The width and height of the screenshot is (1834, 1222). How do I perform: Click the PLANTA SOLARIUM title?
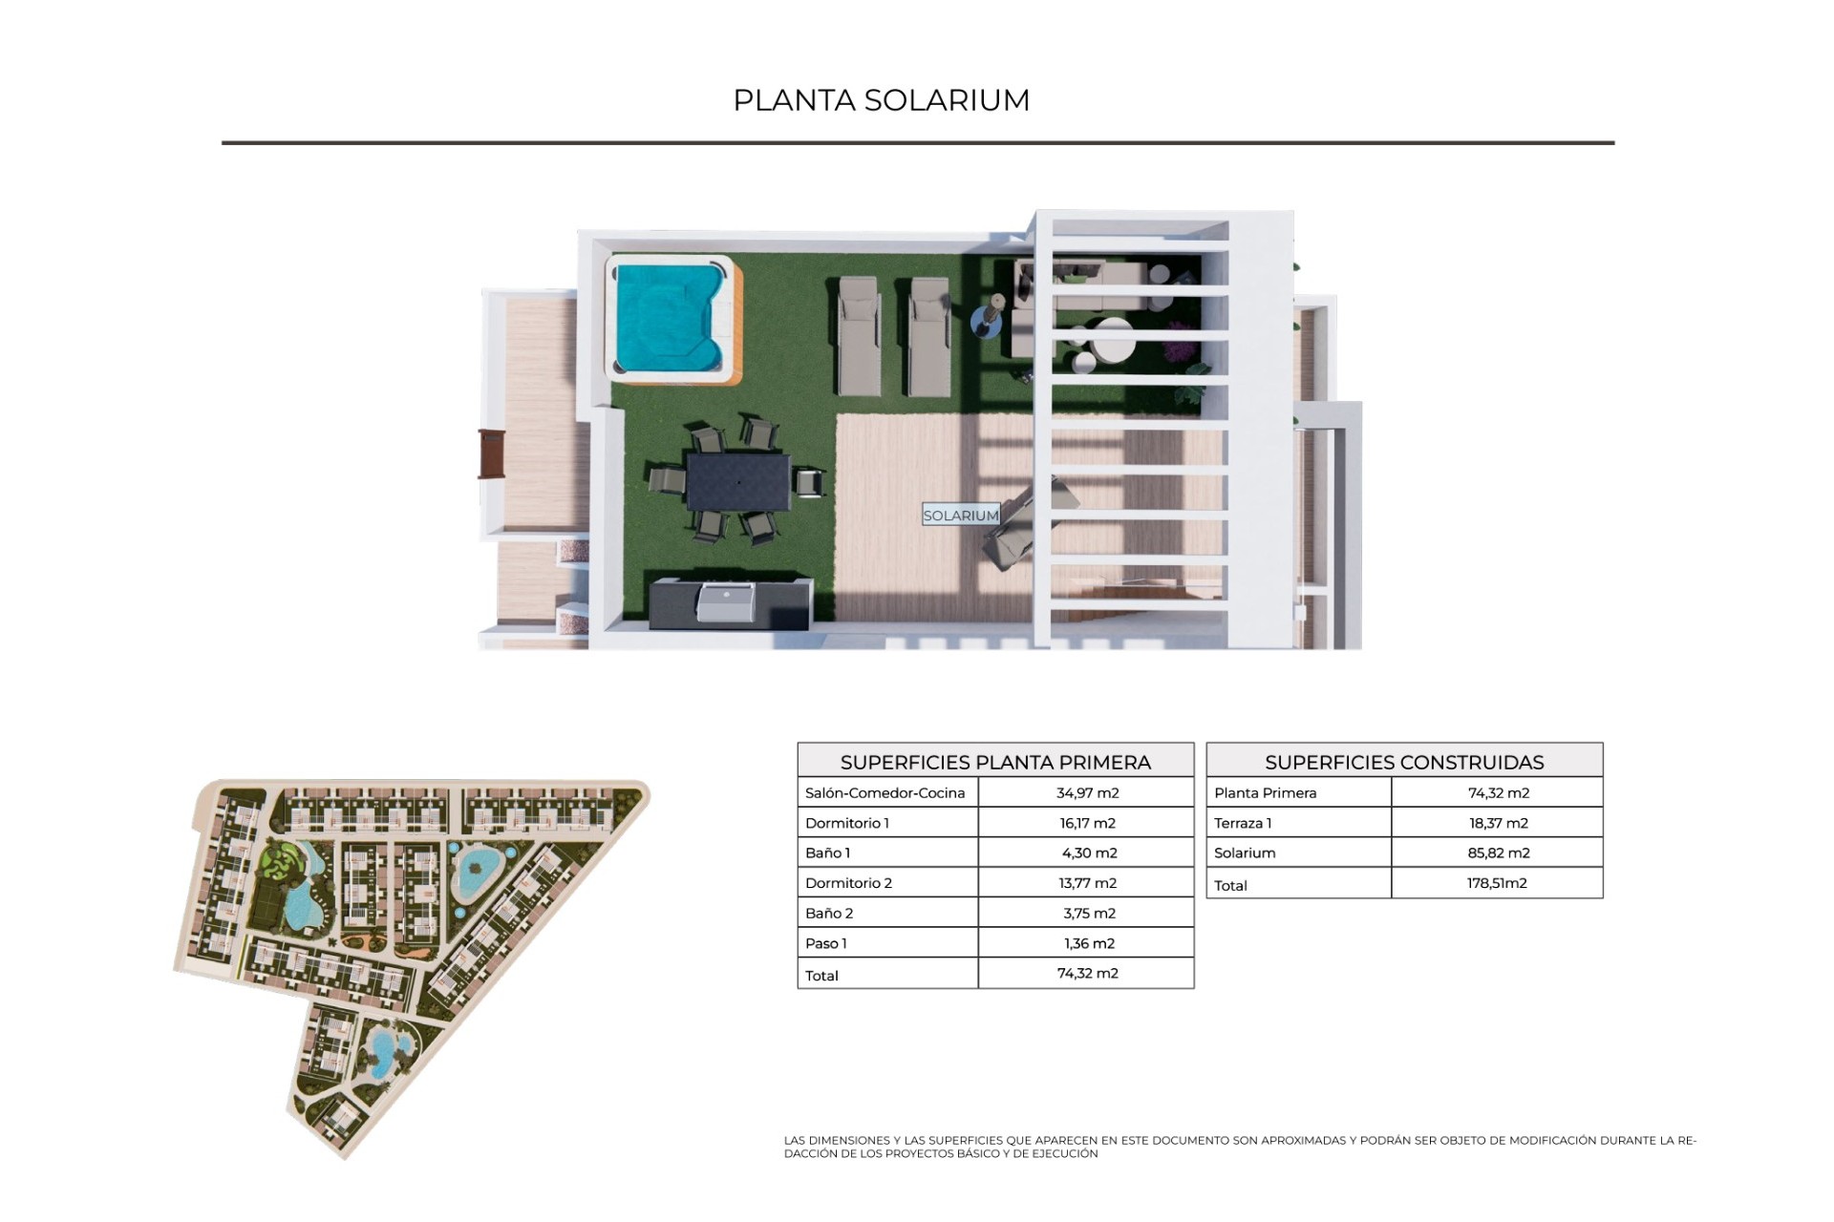pyautogui.click(x=881, y=100)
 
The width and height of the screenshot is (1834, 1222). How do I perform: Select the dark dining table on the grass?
pyautogui.click(x=738, y=481)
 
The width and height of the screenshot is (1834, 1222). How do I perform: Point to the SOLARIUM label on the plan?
pyautogui.click(x=961, y=516)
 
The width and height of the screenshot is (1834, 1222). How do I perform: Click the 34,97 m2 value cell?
pyautogui.click(x=1087, y=792)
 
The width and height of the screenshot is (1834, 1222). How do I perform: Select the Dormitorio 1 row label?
pyautogui.click(x=847, y=823)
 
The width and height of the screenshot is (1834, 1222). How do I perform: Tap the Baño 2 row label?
pyautogui.click(x=829, y=913)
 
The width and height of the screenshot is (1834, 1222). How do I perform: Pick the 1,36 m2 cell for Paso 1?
pyautogui.click(x=1087, y=943)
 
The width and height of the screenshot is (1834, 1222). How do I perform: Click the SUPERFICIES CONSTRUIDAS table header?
pyautogui.click(x=1404, y=762)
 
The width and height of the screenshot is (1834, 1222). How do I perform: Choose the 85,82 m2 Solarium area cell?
pyautogui.click(x=1498, y=853)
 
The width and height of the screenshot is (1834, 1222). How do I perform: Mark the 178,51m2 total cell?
pyautogui.click(x=1498, y=883)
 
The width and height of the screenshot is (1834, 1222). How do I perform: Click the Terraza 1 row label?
pyautogui.click(x=1243, y=823)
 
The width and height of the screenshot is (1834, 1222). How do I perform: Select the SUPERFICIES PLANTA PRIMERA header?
pyautogui.click(x=995, y=762)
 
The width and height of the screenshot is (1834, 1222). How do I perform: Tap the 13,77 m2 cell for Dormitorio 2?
pyautogui.click(x=1087, y=883)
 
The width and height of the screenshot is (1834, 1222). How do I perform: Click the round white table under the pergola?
pyautogui.click(x=1114, y=341)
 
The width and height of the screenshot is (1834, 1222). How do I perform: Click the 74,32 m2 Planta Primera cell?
pyautogui.click(x=1498, y=792)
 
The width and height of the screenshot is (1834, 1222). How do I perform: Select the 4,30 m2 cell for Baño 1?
pyautogui.click(x=1087, y=853)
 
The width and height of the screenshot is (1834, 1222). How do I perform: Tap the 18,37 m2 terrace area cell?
pyautogui.click(x=1498, y=823)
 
